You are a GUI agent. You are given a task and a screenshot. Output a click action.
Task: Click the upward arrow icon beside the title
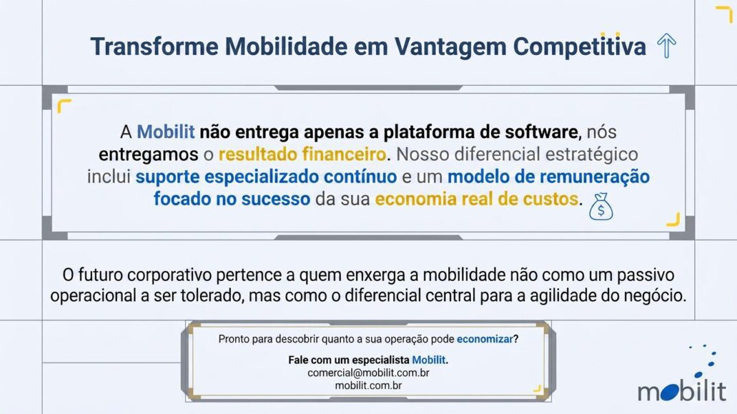666,45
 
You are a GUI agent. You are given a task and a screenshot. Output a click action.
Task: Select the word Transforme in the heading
154,47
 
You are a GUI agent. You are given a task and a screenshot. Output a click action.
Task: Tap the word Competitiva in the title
579,46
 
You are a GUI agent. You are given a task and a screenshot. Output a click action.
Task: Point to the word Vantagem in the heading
450,47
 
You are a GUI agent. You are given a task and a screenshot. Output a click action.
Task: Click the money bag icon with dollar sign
601,207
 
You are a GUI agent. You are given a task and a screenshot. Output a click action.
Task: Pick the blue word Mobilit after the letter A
166,132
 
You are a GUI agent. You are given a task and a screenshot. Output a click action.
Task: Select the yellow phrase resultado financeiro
302,154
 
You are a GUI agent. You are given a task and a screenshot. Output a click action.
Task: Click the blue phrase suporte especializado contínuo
266,177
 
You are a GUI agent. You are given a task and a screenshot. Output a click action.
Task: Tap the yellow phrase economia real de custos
476,199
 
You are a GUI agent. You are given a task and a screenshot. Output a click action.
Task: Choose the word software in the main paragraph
542,132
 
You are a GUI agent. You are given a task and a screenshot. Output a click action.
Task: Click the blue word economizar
485,339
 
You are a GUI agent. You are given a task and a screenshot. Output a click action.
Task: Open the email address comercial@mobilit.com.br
368,373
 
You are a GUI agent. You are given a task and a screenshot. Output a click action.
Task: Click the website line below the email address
368,385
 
